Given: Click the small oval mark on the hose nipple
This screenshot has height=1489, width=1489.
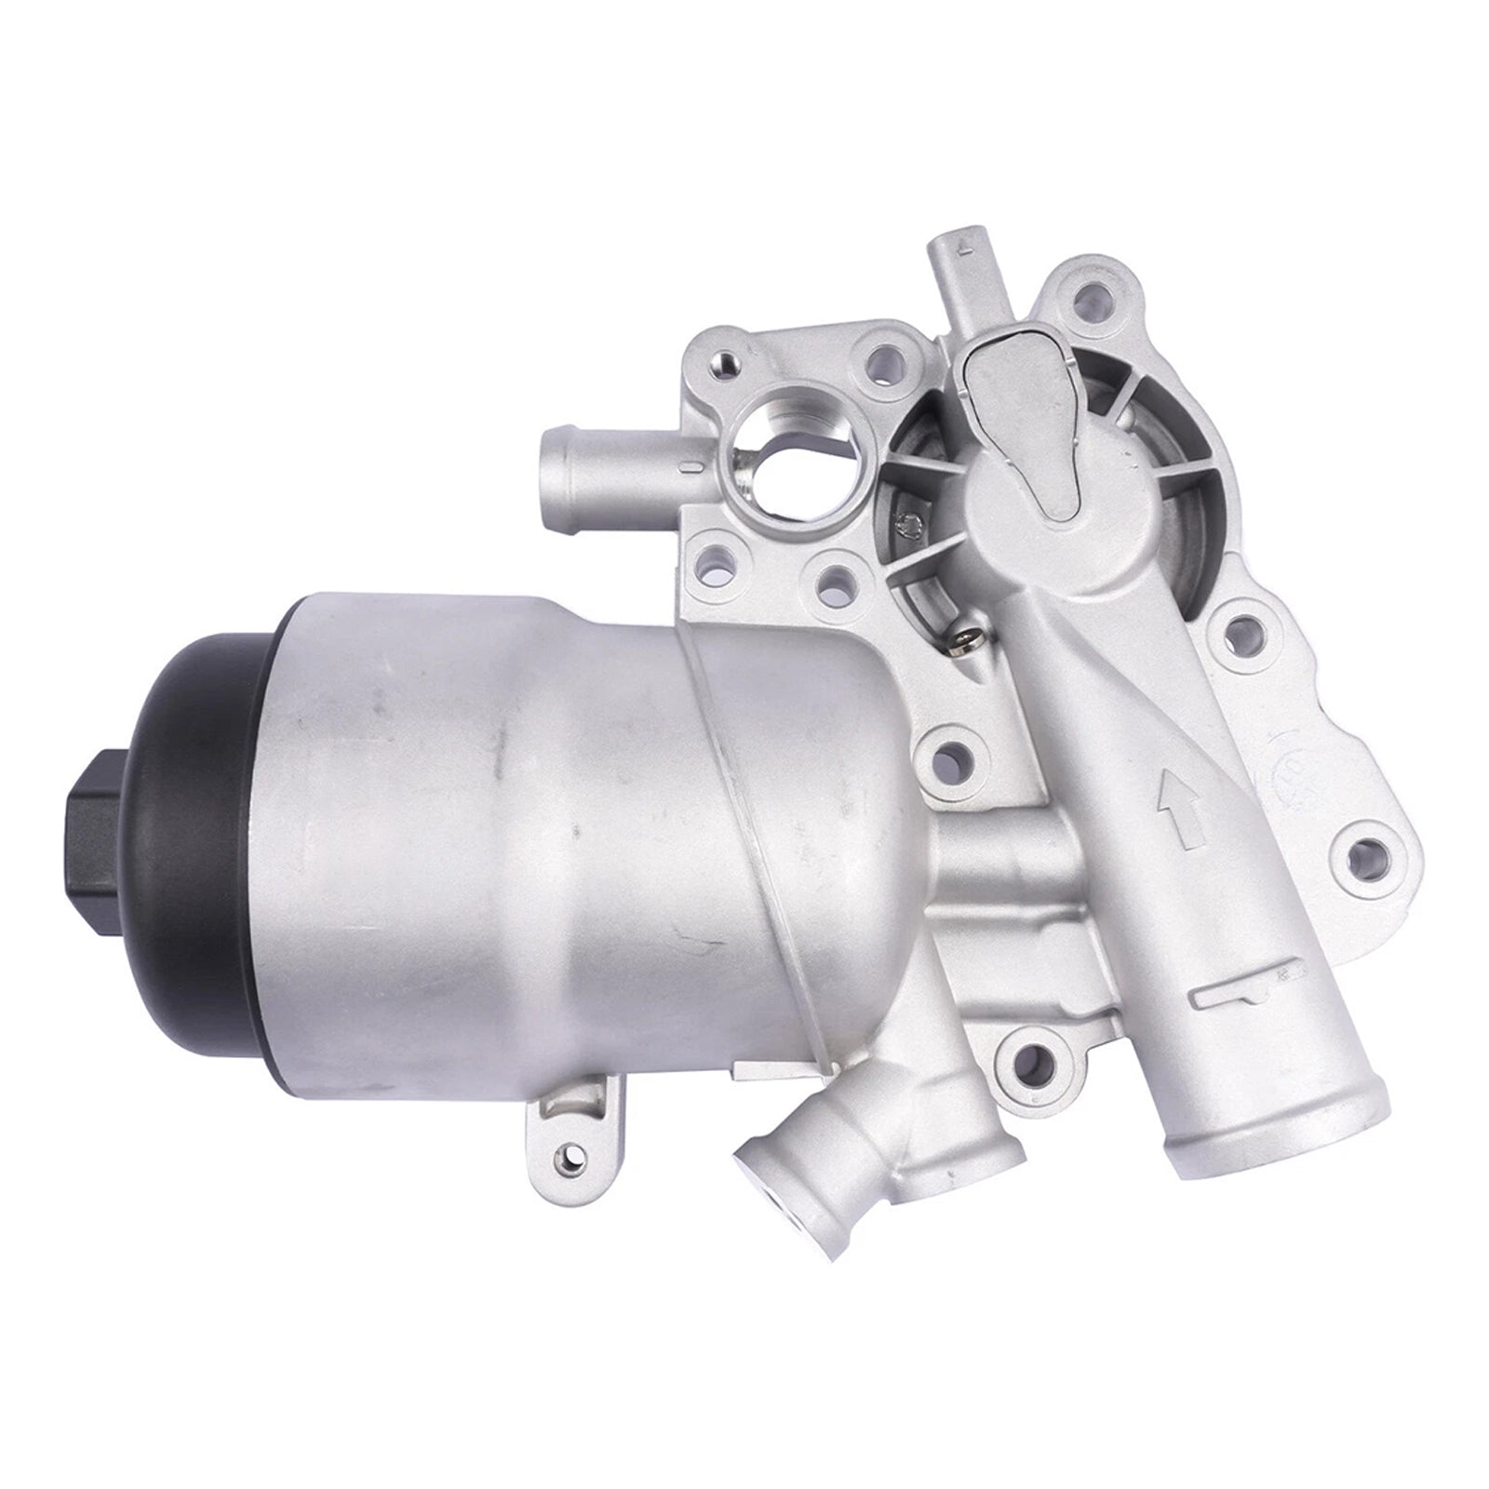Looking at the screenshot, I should [x=689, y=463].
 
